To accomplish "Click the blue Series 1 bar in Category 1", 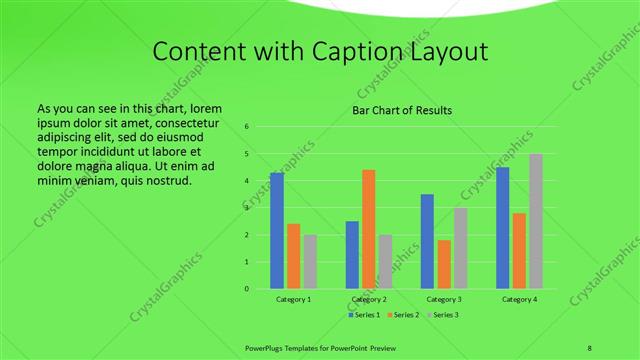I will (277, 231).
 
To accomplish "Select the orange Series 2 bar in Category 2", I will (369, 229).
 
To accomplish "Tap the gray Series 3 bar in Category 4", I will (536, 221).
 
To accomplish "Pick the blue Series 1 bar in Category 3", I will (427, 241).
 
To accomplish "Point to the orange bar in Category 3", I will (444, 264).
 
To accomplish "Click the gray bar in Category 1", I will (310, 262).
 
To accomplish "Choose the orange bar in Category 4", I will (520, 251).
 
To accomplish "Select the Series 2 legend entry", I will (403, 315).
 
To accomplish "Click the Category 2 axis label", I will (369, 299).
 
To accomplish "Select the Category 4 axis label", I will (519, 299).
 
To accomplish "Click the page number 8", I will (589, 347).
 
